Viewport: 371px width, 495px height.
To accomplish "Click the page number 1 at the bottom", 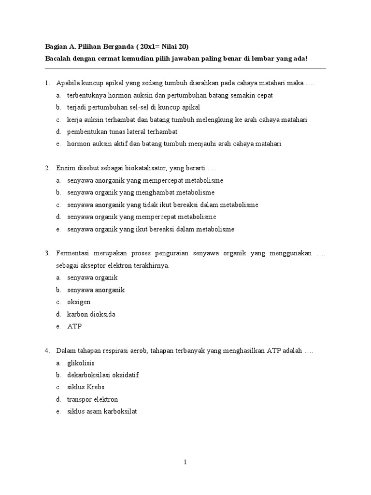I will pyautogui.click(x=185, y=462).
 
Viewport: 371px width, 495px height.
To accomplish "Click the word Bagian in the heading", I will pyautogui.click(x=56, y=46).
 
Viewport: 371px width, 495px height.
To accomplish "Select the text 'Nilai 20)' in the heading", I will pyautogui.click(x=175, y=46).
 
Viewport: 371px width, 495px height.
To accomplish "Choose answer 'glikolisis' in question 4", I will pyautogui.click(x=81, y=363).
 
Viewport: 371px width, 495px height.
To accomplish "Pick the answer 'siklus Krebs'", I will pyautogui.click(x=86, y=387).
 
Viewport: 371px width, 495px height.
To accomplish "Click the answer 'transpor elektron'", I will pyautogui.click(x=92, y=399).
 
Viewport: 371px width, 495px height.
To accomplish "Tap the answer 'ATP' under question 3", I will pyautogui.click(x=74, y=326).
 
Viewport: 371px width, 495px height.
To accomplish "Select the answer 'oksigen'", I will pyautogui.click(x=79, y=302).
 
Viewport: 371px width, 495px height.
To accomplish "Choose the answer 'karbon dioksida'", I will pyautogui.click(x=91, y=314).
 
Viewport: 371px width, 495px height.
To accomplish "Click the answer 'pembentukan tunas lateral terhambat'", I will pyautogui.click(x=122, y=131).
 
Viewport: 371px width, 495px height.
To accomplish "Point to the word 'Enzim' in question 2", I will pyautogui.click(x=65, y=168).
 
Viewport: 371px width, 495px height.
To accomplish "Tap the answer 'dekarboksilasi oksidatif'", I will pyautogui.click(x=103, y=375).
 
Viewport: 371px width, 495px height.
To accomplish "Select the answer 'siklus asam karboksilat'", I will pyautogui.click(x=102, y=411).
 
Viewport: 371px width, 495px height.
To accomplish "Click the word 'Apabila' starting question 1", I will pyautogui.click(x=67, y=83).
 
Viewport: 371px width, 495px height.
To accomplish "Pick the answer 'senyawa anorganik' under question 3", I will pyautogui.click(x=96, y=290).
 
